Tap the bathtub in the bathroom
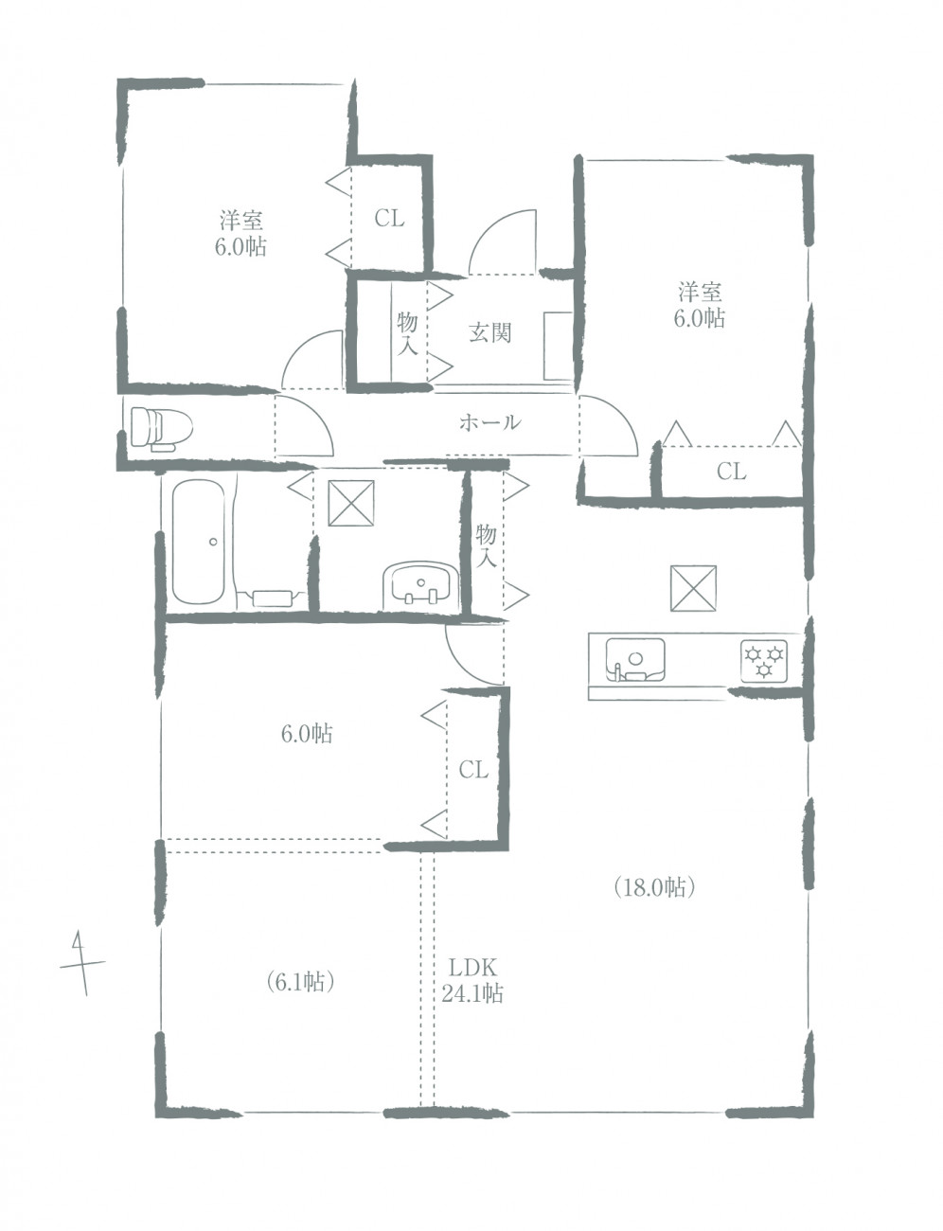[197, 543]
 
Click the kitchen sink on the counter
[635, 659]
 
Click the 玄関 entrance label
[489, 333]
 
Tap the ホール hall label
[489, 422]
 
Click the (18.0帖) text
[655, 887]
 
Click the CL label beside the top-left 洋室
[389, 219]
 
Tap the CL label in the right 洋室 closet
[731, 472]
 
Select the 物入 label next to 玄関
[407, 333]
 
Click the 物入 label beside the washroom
[486, 546]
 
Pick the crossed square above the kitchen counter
[693, 588]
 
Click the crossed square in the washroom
[351, 503]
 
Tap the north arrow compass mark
[82, 962]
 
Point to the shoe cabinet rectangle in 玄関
[558, 347]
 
